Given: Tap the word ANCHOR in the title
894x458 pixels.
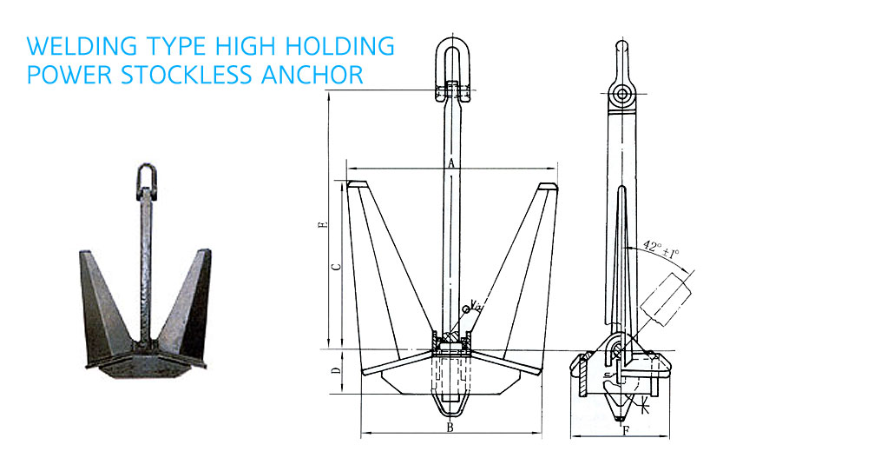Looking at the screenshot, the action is coord(312,75).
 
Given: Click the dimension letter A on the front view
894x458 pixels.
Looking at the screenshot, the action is coord(451,163).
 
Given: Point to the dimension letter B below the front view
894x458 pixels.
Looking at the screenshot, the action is coord(450,428).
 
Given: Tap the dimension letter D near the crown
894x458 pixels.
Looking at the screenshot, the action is coord(337,370).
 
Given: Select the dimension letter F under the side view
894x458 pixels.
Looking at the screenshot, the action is coord(626,431).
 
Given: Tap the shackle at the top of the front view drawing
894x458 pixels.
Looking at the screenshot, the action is coord(453,70).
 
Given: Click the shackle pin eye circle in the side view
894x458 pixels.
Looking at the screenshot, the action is coord(621,94).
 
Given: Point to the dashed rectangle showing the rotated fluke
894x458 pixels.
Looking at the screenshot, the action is coord(666,300).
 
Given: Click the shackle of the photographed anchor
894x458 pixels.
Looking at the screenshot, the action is coord(146,180).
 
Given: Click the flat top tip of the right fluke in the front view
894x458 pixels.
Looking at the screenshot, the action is coord(548,186).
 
